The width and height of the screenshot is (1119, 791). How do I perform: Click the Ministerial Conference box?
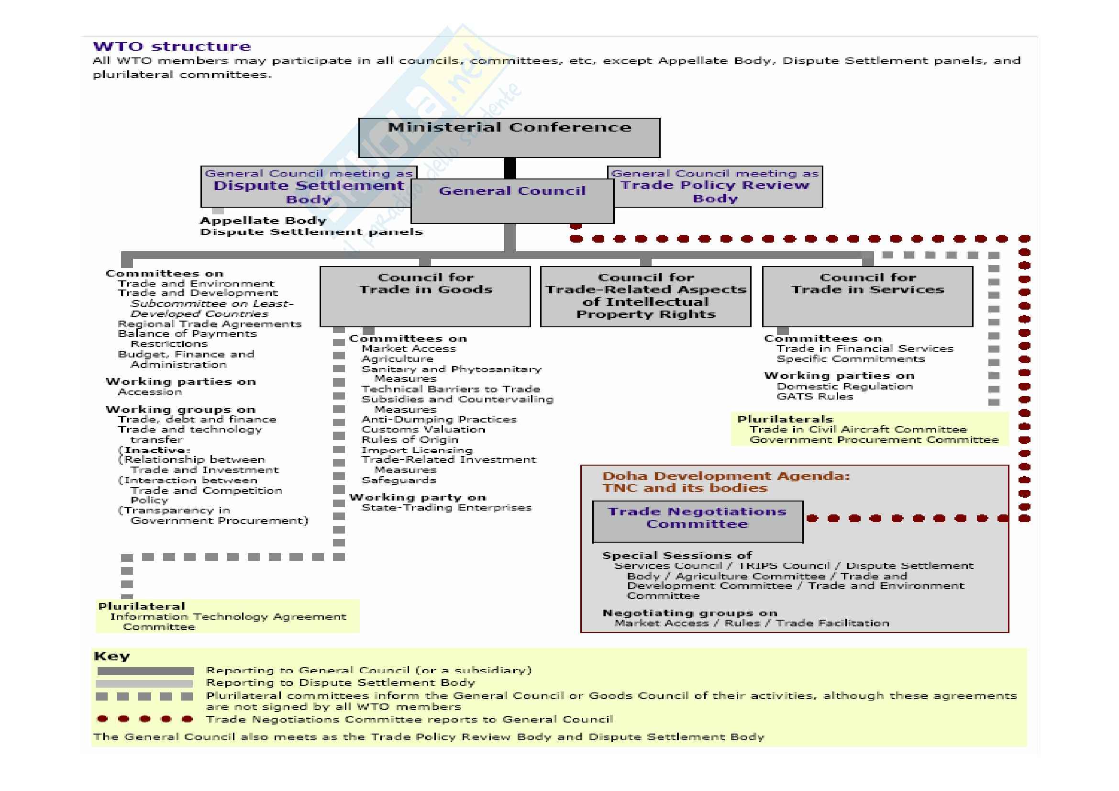pos(510,137)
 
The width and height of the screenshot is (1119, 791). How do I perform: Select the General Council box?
pos(512,201)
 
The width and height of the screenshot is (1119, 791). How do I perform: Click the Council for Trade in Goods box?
pos(425,296)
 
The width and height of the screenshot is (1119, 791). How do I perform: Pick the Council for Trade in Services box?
pos(867,296)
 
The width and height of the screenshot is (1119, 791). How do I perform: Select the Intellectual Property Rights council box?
pos(646,296)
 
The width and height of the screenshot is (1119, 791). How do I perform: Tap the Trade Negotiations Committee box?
pos(698,521)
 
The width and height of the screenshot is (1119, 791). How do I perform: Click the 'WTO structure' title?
pos(172,47)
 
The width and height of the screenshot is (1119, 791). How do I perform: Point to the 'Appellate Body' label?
pos(263,221)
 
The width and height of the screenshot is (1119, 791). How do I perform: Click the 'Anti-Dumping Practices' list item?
pos(439,419)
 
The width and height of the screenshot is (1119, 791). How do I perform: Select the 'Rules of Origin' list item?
pos(410,440)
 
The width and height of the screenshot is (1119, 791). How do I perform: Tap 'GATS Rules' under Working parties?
pos(815,397)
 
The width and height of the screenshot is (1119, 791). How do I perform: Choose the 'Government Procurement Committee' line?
pos(874,440)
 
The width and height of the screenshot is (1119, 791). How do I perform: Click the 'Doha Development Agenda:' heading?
pos(726,476)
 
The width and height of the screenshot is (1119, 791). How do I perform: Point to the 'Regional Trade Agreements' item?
pos(210,324)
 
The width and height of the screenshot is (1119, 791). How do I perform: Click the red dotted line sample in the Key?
pos(145,719)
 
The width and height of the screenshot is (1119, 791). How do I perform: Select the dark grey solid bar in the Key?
pos(145,671)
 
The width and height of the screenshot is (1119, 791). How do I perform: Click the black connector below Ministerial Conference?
pos(510,168)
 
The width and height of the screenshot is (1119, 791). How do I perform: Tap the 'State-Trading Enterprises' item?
pos(446,508)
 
